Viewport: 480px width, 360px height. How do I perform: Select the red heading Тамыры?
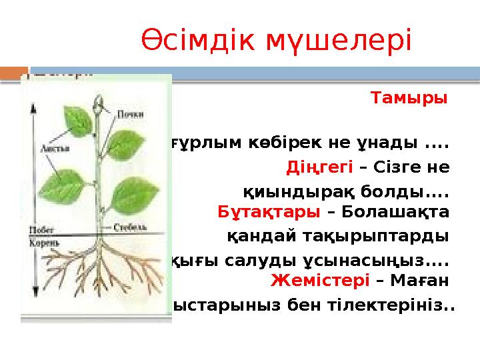(409, 99)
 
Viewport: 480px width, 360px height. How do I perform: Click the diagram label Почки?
(131, 113)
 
